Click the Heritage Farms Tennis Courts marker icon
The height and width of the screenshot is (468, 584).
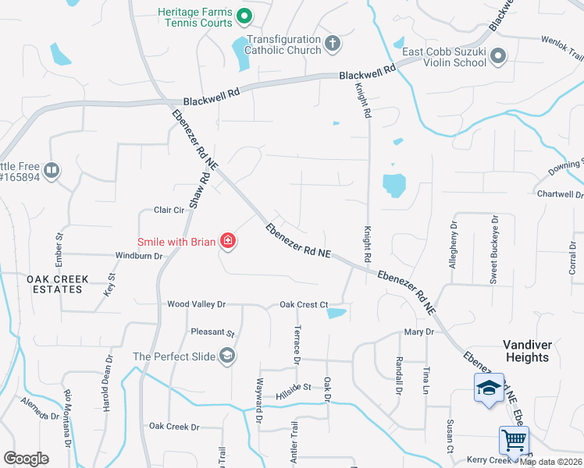coord(244,16)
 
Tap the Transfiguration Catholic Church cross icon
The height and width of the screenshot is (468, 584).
coord(333,44)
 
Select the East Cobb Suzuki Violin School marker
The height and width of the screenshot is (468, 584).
coord(500,56)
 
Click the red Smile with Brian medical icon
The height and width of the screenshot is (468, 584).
coord(227,242)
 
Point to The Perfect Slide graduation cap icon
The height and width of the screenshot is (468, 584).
coord(227,356)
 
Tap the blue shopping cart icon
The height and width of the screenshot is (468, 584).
coord(514,441)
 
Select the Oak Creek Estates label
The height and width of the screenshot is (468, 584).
coord(54,284)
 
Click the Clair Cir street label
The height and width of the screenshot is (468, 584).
coord(169,210)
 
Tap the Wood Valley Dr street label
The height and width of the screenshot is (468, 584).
coord(196,304)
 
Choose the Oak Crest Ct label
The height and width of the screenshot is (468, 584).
coord(303,304)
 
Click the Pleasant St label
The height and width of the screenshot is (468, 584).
coord(213,332)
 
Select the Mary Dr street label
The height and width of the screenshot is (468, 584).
coord(418,332)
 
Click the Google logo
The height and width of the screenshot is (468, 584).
coord(26,459)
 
